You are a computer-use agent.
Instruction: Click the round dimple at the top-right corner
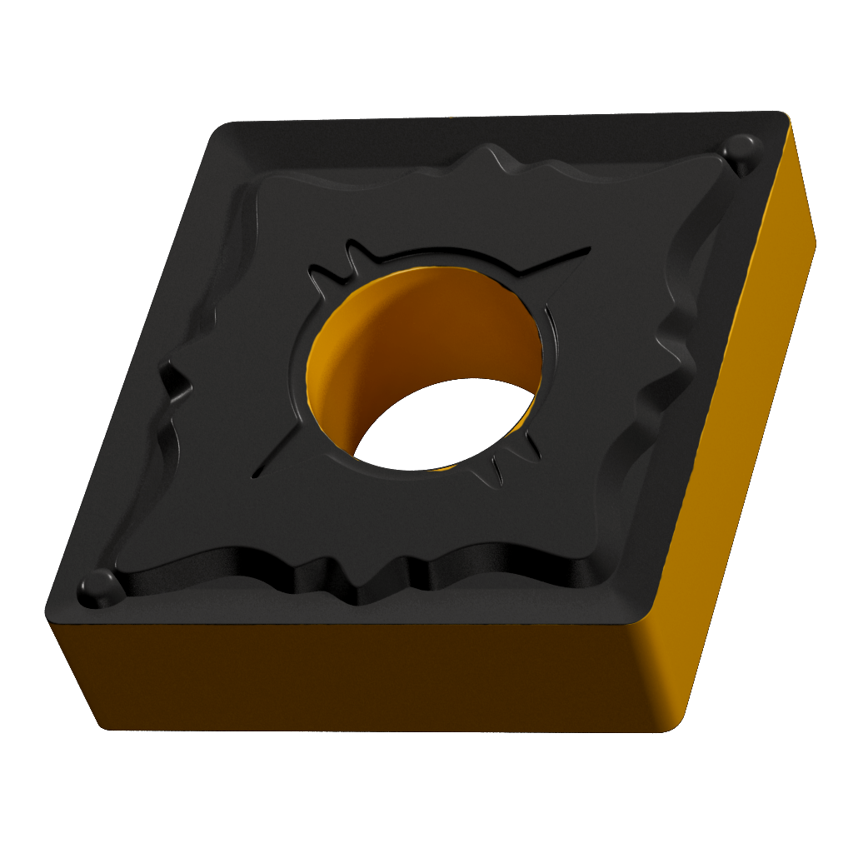click(x=738, y=151)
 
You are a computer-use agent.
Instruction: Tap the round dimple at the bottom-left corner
click(x=98, y=583)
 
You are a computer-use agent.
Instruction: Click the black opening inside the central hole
click(x=450, y=421)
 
